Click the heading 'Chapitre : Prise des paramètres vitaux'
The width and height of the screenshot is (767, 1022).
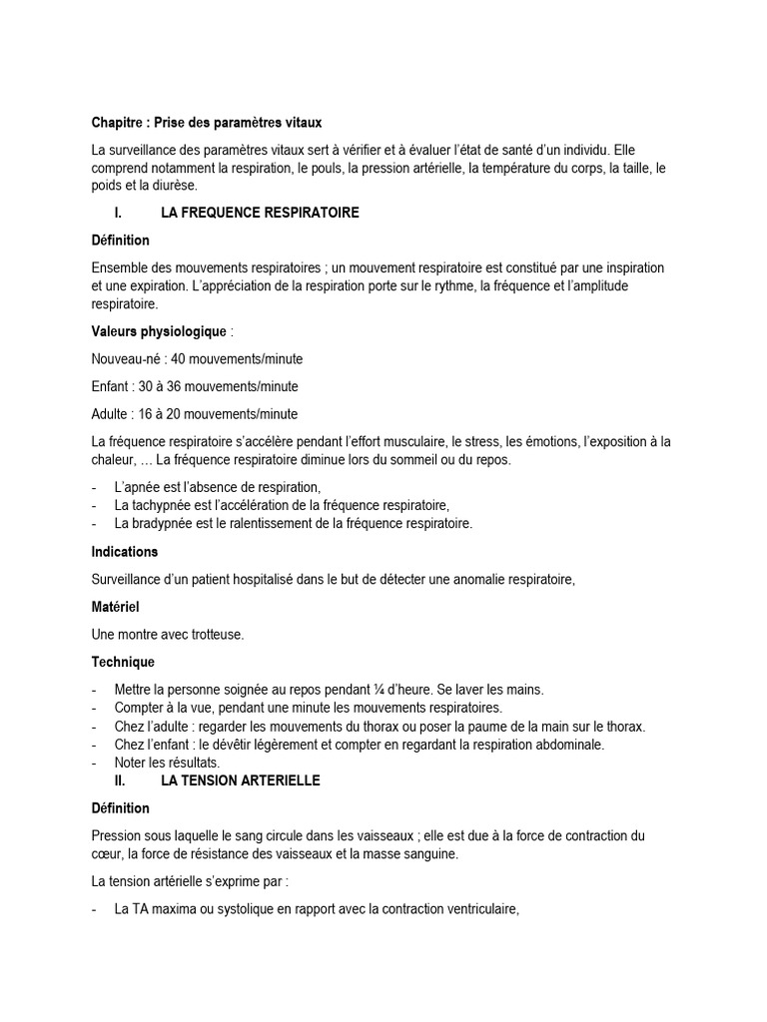207,124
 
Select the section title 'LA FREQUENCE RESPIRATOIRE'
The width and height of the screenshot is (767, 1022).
260,214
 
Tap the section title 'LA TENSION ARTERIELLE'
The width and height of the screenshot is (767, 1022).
241,780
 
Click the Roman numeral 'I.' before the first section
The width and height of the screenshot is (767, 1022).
119,214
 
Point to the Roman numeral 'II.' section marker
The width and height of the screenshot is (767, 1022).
121,780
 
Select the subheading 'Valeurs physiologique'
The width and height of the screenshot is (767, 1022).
159,331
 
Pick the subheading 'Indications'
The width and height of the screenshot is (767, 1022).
125,551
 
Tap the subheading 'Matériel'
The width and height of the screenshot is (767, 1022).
115,607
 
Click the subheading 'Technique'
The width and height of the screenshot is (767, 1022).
123,662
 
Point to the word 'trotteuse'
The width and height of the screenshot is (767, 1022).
215,634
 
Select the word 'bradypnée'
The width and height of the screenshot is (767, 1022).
162,523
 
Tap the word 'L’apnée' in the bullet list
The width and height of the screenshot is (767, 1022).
137,487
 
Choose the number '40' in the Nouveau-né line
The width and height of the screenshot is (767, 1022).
180,359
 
